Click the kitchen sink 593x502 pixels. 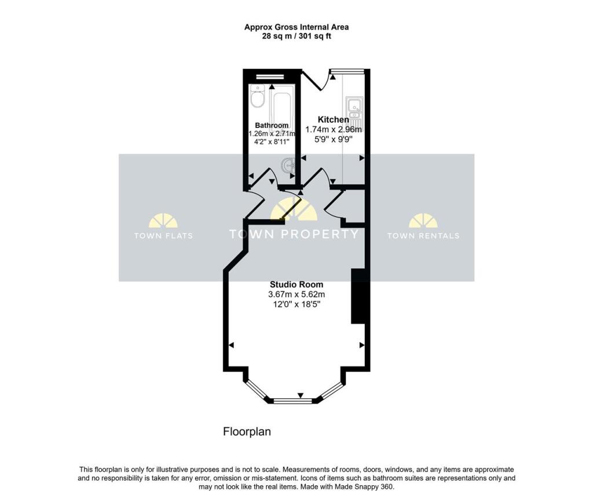(354, 107)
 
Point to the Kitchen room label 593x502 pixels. (333, 120)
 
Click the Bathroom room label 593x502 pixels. (272, 126)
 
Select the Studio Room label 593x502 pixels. (296, 284)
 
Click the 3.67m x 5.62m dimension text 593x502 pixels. (296, 294)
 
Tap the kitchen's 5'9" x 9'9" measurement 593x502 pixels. (333, 139)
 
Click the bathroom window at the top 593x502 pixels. (270, 76)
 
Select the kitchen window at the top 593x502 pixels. (347, 72)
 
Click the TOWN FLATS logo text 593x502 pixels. (163, 236)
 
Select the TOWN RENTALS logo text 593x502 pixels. (423, 236)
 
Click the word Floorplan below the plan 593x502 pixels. (247, 432)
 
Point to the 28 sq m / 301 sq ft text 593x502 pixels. (296, 36)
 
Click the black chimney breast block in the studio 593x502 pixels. (357, 296)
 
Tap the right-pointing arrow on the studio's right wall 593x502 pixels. (362, 345)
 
